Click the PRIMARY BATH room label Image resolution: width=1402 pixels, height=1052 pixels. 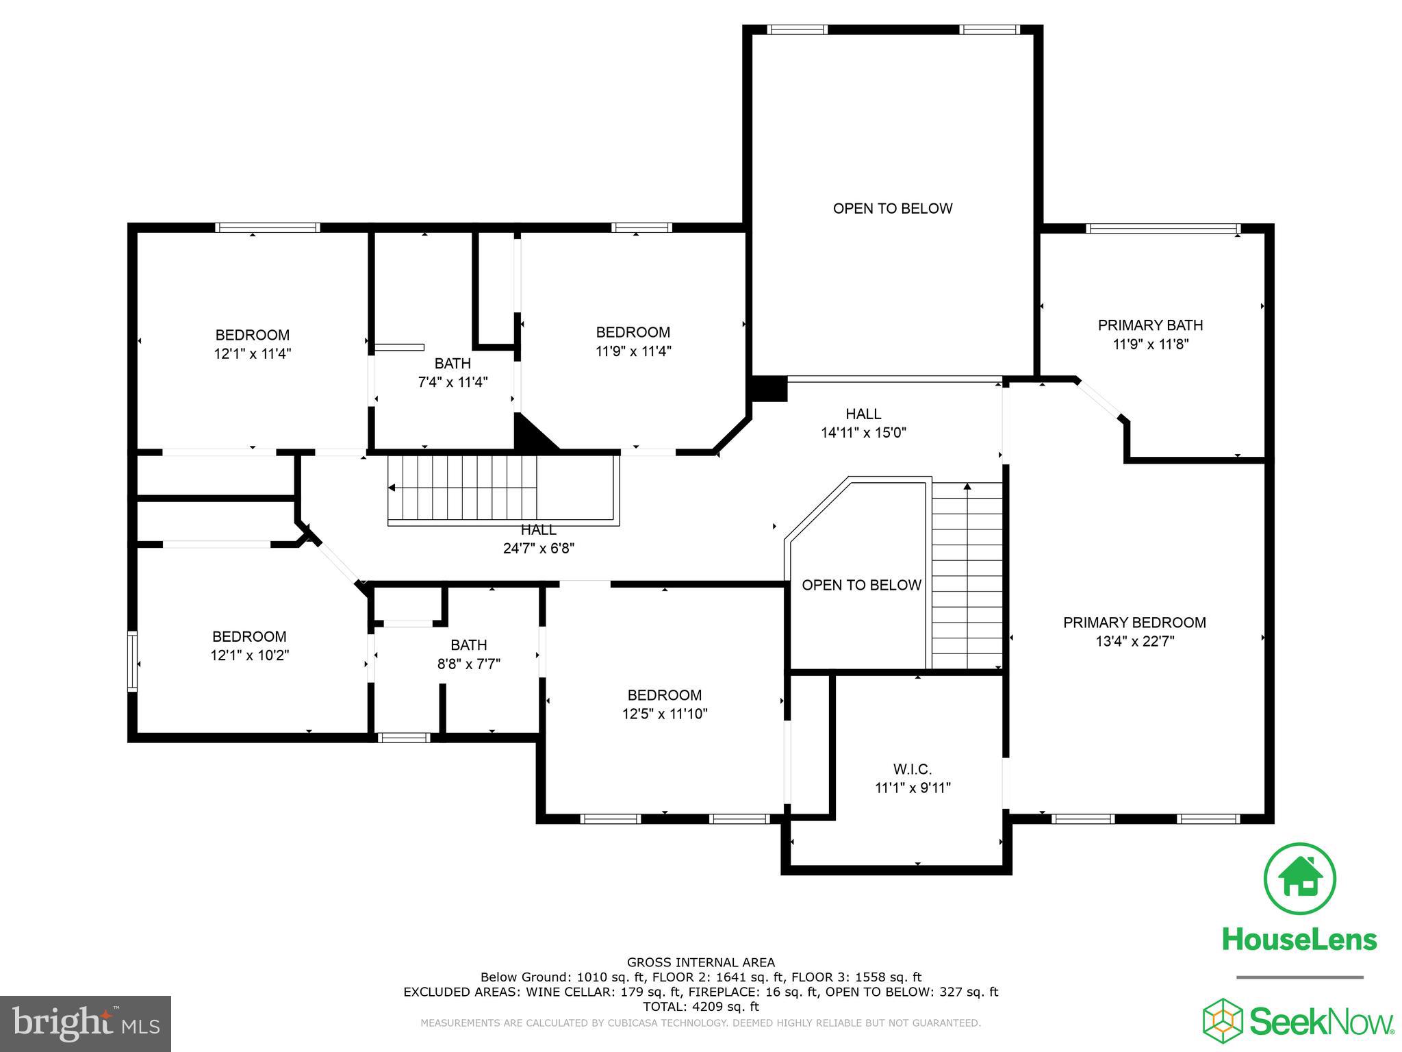(x=1150, y=325)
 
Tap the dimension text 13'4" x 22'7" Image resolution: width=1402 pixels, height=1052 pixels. (x=1134, y=642)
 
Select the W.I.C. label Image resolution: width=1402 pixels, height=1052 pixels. (x=913, y=769)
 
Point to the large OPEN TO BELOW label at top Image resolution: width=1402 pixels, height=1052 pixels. (x=892, y=208)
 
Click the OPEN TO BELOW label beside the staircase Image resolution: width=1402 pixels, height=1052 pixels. (x=861, y=585)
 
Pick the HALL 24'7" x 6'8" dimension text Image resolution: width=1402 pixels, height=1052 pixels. (x=538, y=548)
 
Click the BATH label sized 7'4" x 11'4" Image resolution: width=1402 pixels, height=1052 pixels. (x=453, y=363)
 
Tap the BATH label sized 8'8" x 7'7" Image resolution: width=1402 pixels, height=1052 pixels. (x=469, y=644)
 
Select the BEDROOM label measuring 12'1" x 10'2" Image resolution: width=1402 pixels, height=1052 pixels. (x=249, y=636)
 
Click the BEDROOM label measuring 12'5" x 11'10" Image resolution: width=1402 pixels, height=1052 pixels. (x=665, y=694)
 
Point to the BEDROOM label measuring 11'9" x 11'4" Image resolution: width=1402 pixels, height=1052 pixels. (x=633, y=332)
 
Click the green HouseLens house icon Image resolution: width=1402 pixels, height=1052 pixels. (x=1299, y=879)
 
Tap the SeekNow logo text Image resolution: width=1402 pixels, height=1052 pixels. (x=1321, y=1022)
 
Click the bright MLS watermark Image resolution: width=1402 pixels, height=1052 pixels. (x=85, y=1024)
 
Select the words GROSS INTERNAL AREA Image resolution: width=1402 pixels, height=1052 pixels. (x=700, y=962)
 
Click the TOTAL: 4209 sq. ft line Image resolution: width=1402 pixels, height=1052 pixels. (x=700, y=1007)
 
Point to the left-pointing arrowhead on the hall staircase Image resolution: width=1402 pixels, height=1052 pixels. (x=392, y=488)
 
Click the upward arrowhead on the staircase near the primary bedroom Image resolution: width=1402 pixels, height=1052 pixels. (x=967, y=486)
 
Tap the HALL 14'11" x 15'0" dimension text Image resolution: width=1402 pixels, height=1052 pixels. (x=863, y=432)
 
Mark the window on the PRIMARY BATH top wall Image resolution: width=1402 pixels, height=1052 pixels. (x=1163, y=228)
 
